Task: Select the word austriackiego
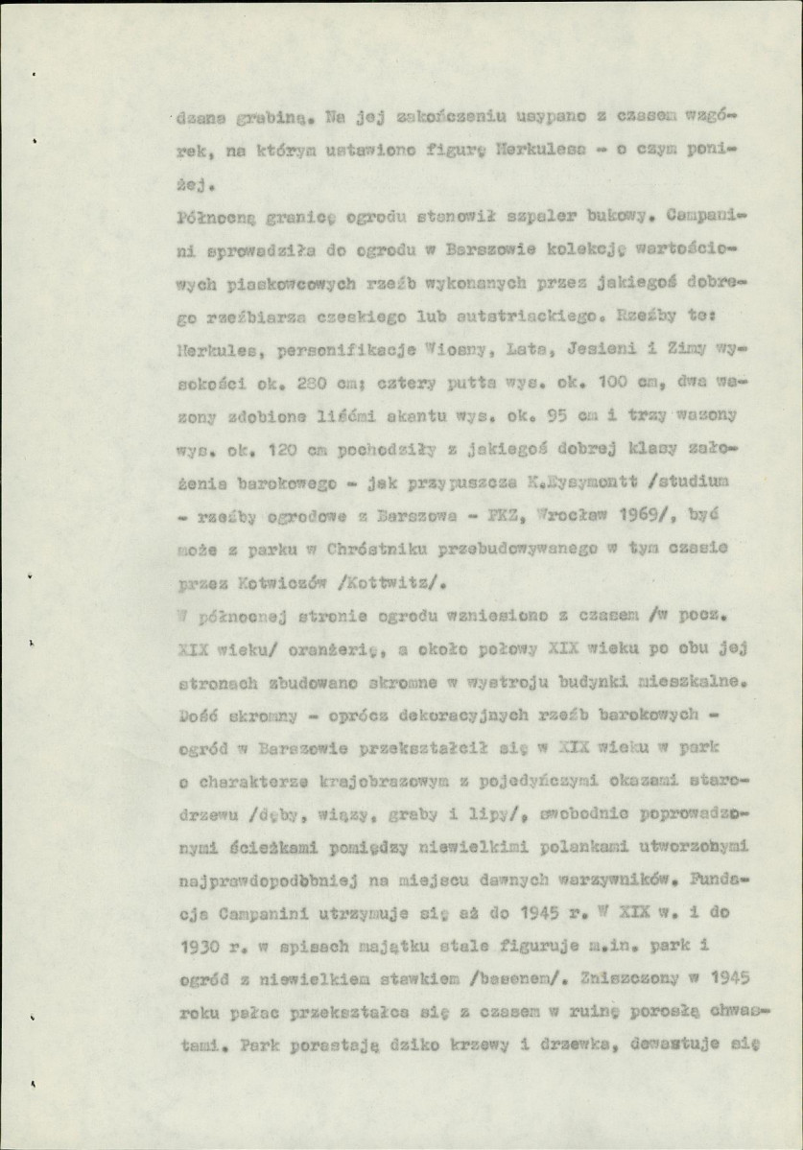(x=519, y=314)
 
